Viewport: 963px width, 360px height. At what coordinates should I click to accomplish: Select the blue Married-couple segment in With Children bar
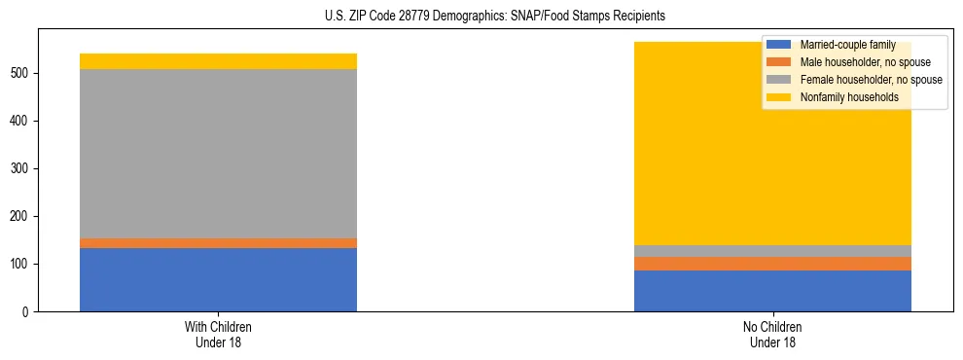pos(218,279)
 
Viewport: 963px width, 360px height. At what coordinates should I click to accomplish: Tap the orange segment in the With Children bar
pos(218,243)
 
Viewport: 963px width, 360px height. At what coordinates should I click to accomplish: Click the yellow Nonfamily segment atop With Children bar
pos(218,61)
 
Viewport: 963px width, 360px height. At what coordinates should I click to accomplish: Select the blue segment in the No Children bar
pos(772,291)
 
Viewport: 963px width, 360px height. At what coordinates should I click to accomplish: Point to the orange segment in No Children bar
pos(772,264)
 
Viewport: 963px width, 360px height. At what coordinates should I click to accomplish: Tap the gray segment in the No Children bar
pos(772,251)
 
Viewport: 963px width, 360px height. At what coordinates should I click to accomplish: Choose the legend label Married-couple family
pos(844,45)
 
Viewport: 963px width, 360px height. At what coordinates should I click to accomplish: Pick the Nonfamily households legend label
pos(848,97)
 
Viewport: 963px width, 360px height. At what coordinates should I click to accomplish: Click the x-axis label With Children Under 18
pos(218,334)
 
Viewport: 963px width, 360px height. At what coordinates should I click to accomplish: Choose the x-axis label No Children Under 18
pos(772,334)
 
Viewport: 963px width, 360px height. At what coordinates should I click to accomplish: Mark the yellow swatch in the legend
pos(779,97)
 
